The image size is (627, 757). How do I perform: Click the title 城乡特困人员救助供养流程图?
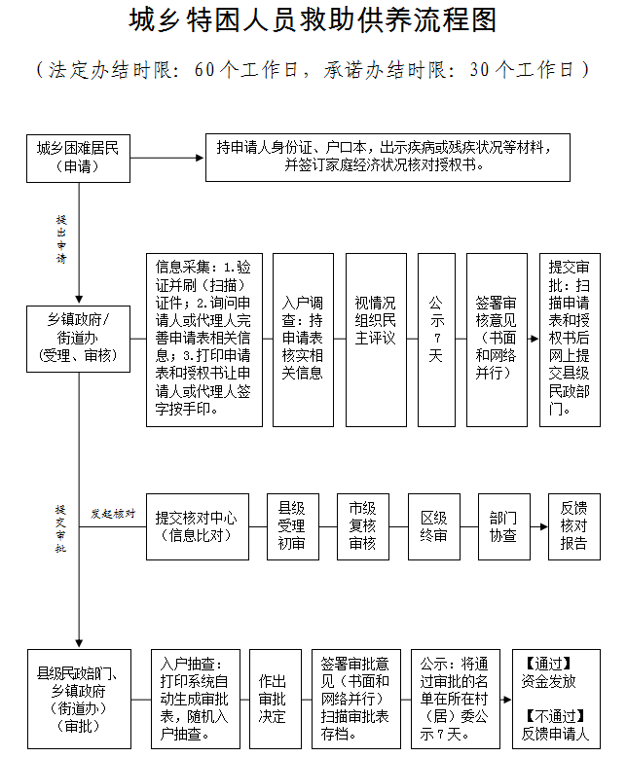coord(313,22)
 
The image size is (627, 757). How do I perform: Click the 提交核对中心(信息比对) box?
coord(196,526)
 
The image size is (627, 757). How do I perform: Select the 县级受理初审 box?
coord(292,526)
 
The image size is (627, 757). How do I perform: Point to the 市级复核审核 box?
coord(363,526)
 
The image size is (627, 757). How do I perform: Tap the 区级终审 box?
coord(433,526)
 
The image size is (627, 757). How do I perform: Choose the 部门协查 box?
coord(503,526)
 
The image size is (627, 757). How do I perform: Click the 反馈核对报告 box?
coord(574,526)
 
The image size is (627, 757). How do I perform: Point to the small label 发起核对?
coord(113,514)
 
